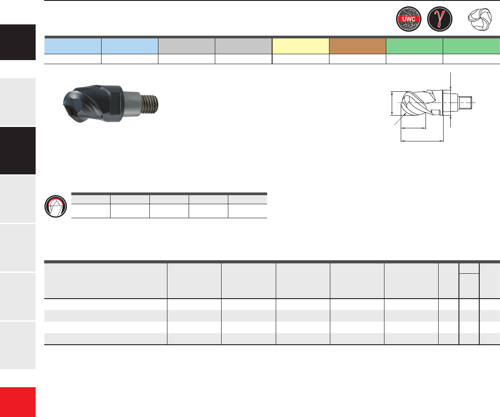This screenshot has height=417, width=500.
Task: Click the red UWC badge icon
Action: [x=408, y=19]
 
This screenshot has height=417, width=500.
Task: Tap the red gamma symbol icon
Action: [x=440, y=19]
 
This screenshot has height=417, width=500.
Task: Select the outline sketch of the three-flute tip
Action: [x=480, y=19]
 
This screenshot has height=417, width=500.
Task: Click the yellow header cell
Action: [x=301, y=46]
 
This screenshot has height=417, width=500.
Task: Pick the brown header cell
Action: [x=357, y=46]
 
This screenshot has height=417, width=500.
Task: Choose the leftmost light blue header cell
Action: [x=73, y=46]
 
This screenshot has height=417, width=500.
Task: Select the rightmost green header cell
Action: [x=472, y=46]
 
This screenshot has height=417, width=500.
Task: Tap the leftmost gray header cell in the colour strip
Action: [x=186, y=46]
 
